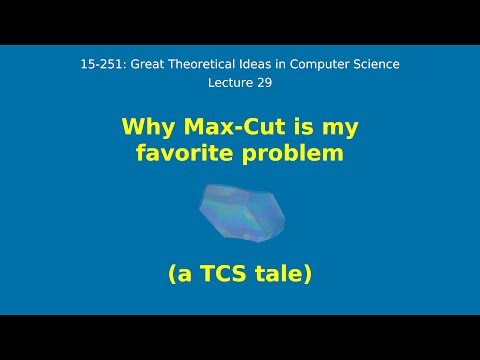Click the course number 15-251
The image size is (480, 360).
coord(98,65)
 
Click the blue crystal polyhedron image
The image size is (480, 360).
coord(240,210)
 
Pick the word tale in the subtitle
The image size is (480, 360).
coord(288,271)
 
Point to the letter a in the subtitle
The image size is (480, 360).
coord(188,272)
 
